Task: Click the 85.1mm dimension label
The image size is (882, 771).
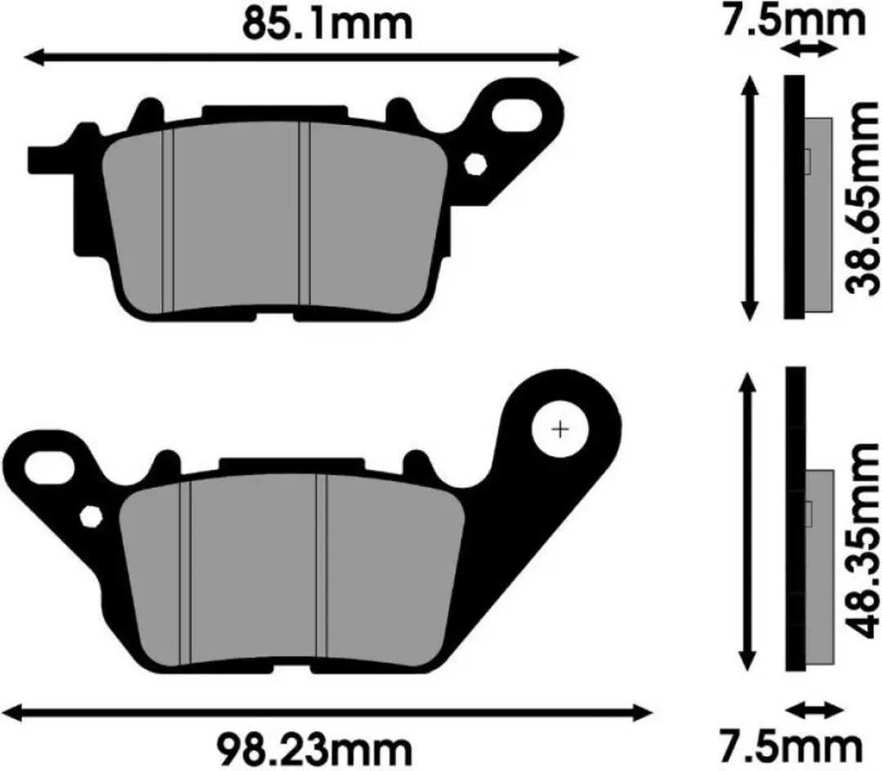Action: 327,25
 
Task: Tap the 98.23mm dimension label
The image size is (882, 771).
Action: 315,748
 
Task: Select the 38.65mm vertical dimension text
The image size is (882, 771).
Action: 862,198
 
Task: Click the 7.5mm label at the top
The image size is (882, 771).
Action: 793,20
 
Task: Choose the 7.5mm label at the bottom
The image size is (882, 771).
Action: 793,748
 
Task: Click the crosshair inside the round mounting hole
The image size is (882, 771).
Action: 559,430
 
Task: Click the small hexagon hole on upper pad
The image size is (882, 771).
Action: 475,164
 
